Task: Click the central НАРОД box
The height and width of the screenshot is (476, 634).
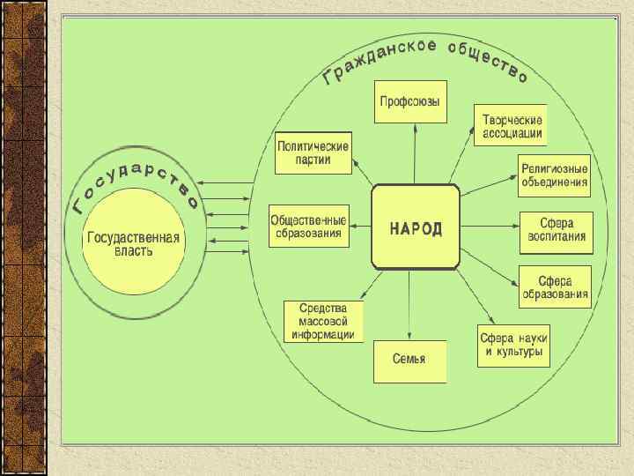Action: tap(417, 227)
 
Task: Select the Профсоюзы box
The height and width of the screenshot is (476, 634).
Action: tap(410, 102)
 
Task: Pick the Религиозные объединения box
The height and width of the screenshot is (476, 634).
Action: tap(555, 175)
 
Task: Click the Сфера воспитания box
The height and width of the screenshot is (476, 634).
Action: tap(554, 231)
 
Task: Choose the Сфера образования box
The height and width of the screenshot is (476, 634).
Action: tap(554, 286)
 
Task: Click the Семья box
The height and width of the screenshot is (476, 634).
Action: tap(409, 360)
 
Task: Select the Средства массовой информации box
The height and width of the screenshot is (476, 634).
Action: tap(323, 321)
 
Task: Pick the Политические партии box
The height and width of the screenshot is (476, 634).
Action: tap(313, 154)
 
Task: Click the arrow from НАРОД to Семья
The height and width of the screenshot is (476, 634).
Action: tap(411, 304)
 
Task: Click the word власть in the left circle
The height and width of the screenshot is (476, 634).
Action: tap(133, 251)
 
